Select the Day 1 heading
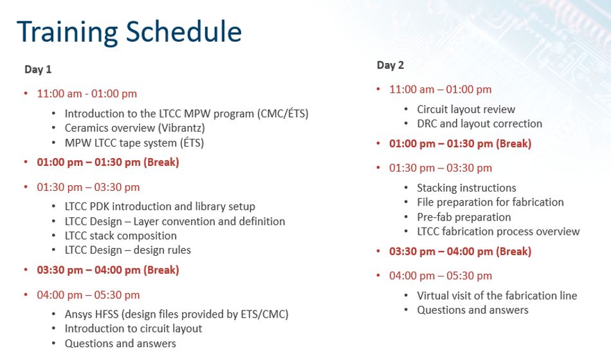(x=38, y=69)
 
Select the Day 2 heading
(x=390, y=65)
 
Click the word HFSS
(x=108, y=314)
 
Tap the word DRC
(x=426, y=123)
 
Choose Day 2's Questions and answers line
(x=473, y=310)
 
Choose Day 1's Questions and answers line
(x=120, y=343)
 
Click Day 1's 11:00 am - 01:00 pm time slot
(x=87, y=94)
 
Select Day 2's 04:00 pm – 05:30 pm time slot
(x=441, y=276)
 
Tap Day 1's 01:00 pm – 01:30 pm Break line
(x=108, y=163)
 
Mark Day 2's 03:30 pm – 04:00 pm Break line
(x=461, y=252)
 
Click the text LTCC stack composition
(x=121, y=236)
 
